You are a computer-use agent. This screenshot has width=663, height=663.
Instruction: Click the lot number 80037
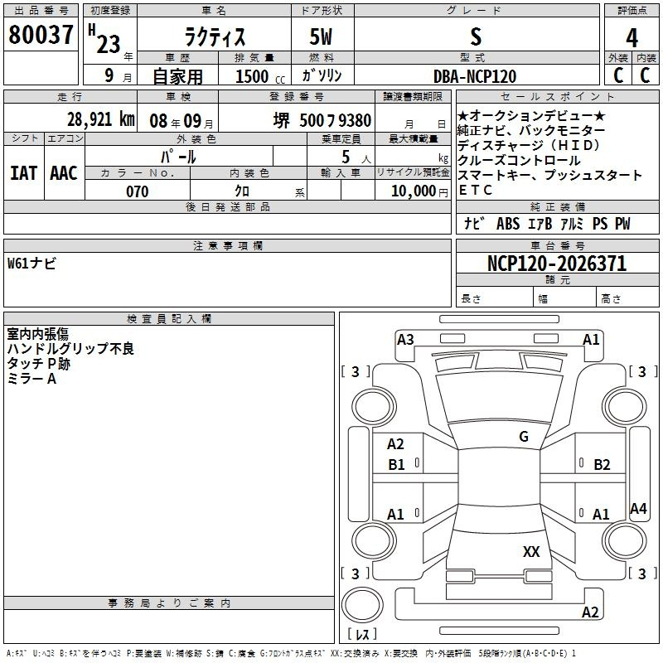coord(41,35)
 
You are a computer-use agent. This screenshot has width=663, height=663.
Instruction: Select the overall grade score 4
coord(632,37)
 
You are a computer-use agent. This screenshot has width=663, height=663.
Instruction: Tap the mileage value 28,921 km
coord(100,119)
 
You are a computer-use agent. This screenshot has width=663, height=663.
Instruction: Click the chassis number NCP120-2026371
coord(556,264)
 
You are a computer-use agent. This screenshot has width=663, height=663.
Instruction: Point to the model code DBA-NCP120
coord(475,76)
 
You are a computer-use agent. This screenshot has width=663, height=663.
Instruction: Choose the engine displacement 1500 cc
coord(260,76)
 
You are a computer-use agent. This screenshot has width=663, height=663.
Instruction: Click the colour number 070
coord(138,191)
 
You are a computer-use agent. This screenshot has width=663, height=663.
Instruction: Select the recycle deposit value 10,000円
coord(419,191)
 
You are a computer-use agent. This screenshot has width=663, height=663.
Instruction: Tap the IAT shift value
coord(24,173)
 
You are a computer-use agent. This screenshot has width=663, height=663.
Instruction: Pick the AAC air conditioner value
coord(64,173)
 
